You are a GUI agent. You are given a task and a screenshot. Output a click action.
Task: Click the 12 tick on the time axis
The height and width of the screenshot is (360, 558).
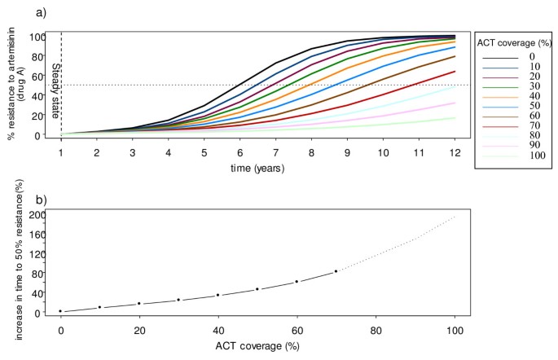click(455, 151)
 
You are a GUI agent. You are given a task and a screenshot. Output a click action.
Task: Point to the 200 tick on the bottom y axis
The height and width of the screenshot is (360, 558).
click(33, 215)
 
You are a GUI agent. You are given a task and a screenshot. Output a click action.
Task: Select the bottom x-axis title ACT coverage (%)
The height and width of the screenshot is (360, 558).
click(257, 347)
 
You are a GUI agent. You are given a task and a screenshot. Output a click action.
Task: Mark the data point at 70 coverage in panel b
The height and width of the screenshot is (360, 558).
click(336, 271)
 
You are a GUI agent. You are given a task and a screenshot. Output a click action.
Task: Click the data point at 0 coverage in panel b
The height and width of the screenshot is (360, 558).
click(60, 311)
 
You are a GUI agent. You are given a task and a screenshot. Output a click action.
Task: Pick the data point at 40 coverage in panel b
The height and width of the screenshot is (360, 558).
click(217, 295)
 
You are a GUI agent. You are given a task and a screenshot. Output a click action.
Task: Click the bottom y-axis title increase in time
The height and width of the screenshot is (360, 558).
click(12, 261)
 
